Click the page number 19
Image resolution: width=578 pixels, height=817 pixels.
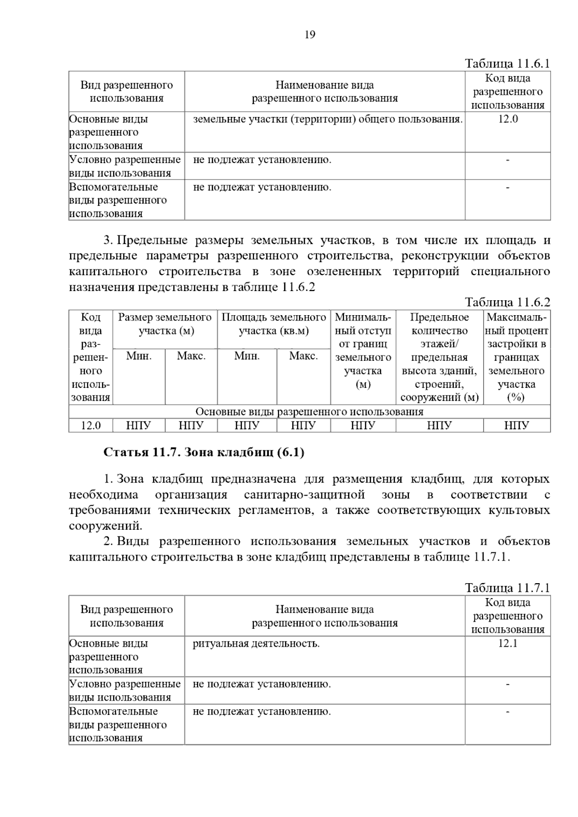(x=310, y=35)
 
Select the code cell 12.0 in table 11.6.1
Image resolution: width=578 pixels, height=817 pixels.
(x=508, y=119)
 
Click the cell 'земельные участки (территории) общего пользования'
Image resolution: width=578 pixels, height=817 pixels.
(x=328, y=119)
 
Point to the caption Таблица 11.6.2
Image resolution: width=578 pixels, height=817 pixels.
(x=507, y=302)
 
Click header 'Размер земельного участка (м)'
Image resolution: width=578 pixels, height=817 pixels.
(x=165, y=324)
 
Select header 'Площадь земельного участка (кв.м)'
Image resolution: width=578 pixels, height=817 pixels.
(x=274, y=324)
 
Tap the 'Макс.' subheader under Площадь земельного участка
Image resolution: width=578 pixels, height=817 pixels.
(x=303, y=357)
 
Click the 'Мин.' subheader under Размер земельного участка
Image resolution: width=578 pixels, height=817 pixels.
(x=139, y=357)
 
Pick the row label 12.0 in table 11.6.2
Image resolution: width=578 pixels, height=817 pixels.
(x=91, y=425)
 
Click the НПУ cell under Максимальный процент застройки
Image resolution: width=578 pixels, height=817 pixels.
(x=516, y=425)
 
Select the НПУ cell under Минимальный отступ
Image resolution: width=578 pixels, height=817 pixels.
(x=363, y=425)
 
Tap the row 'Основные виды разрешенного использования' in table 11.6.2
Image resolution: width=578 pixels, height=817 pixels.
(x=309, y=412)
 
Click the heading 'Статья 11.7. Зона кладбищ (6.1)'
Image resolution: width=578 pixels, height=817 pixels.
(x=204, y=453)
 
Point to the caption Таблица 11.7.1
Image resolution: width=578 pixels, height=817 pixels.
(x=507, y=588)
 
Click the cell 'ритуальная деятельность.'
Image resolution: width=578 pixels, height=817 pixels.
(x=256, y=644)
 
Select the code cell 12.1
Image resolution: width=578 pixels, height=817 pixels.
(x=508, y=644)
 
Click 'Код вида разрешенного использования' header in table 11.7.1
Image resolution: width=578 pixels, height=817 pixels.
(x=508, y=616)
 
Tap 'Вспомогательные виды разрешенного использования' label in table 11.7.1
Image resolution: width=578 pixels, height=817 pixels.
(x=118, y=725)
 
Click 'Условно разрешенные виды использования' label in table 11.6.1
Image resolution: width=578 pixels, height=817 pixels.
(x=125, y=166)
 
